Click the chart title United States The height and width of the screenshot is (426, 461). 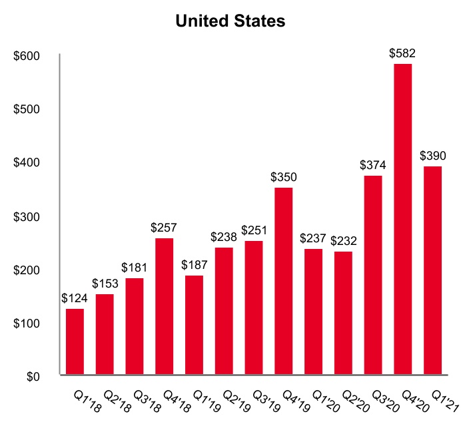(230, 21)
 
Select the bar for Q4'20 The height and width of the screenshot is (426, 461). (402, 219)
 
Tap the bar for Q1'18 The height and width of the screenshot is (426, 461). (75, 342)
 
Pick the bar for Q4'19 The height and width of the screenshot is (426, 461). (283, 282)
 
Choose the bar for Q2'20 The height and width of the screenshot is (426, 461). (343, 313)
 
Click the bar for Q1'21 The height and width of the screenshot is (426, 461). (432, 270)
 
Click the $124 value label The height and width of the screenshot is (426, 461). (75, 299)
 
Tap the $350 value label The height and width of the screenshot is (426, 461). (283, 178)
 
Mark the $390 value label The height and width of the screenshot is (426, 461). (433, 156)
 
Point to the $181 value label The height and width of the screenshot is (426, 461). (134, 268)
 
